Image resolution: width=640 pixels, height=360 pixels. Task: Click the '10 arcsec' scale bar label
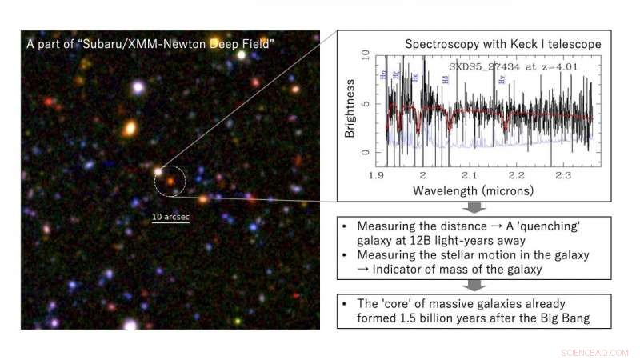170,216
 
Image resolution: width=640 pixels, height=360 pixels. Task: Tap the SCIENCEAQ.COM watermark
596,351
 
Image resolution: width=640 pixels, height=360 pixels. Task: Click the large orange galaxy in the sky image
130,127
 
